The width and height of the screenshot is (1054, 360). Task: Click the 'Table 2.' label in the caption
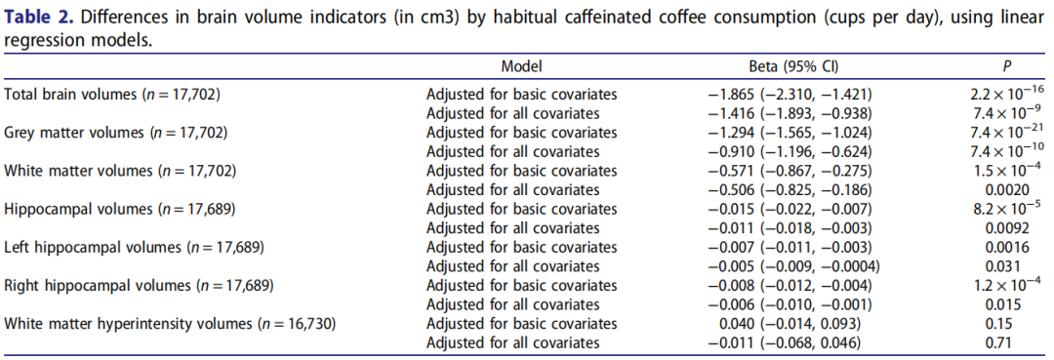pyautogui.click(x=37, y=17)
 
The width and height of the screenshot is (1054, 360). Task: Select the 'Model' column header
pyautogui.click(x=521, y=65)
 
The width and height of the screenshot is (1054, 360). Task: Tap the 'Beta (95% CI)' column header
pyautogui.click(x=793, y=65)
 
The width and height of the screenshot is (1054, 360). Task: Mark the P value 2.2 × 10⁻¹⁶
pyautogui.click(x=1001, y=94)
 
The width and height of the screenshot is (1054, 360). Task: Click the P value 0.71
pyautogui.click(x=1001, y=342)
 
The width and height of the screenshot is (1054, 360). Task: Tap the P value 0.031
pyautogui.click(x=1001, y=266)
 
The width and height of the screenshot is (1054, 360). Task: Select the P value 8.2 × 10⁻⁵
pyautogui.click(x=1001, y=208)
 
